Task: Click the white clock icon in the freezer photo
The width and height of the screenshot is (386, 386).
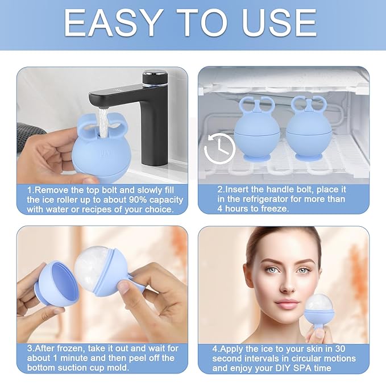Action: [219, 148]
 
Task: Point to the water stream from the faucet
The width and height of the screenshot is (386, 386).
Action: [102, 119]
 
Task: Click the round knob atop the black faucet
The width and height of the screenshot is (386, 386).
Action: [154, 76]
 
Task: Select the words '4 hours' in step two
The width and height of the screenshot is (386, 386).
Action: [231, 209]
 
